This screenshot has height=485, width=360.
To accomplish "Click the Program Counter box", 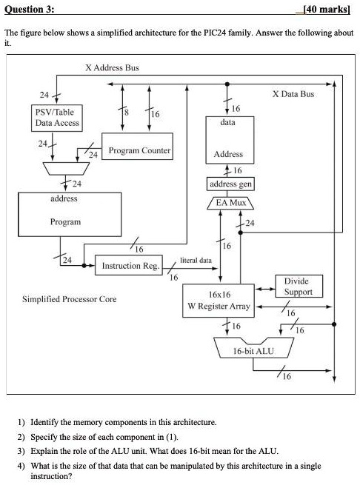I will (x=139, y=151).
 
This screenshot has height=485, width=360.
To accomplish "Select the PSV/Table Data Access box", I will (x=57, y=117).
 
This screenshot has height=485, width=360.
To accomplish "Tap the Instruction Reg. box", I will (x=130, y=265).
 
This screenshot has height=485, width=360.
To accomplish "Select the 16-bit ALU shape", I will (x=253, y=350).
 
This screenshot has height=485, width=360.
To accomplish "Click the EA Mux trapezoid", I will (x=230, y=201).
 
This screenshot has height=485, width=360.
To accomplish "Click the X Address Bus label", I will (x=112, y=67).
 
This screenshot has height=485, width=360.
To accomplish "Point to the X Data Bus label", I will (x=293, y=94).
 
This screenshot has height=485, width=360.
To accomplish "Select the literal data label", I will (x=196, y=260).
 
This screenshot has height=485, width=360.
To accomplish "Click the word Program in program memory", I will (x=65, y=221).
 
